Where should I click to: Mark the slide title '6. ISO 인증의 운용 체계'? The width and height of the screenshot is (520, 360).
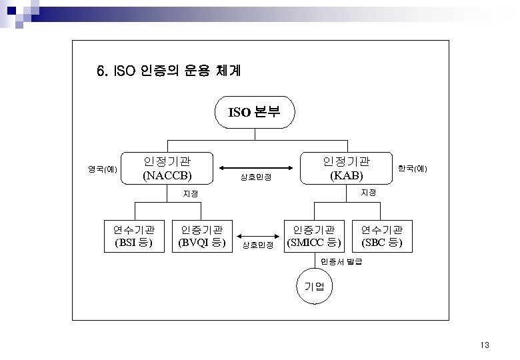tap(164, 70)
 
